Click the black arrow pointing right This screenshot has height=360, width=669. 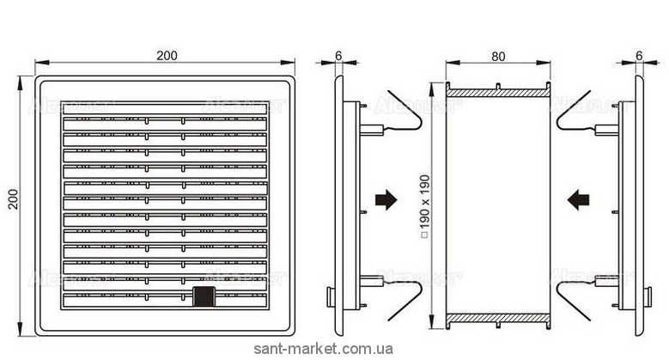[x=387, y=199]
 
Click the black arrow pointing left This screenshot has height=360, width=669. [x=579, y=199]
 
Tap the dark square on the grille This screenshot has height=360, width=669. [x=204, y=296]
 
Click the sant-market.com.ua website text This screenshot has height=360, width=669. [x=325, y=349]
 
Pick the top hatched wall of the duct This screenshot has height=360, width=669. [x=498, y=91]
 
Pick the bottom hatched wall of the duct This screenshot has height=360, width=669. [x=498, y=317]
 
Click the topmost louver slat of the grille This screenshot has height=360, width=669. [x=164, y=109]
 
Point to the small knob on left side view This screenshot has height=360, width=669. [x=331, y=297]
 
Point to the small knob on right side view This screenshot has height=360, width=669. [x=646, y=297]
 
